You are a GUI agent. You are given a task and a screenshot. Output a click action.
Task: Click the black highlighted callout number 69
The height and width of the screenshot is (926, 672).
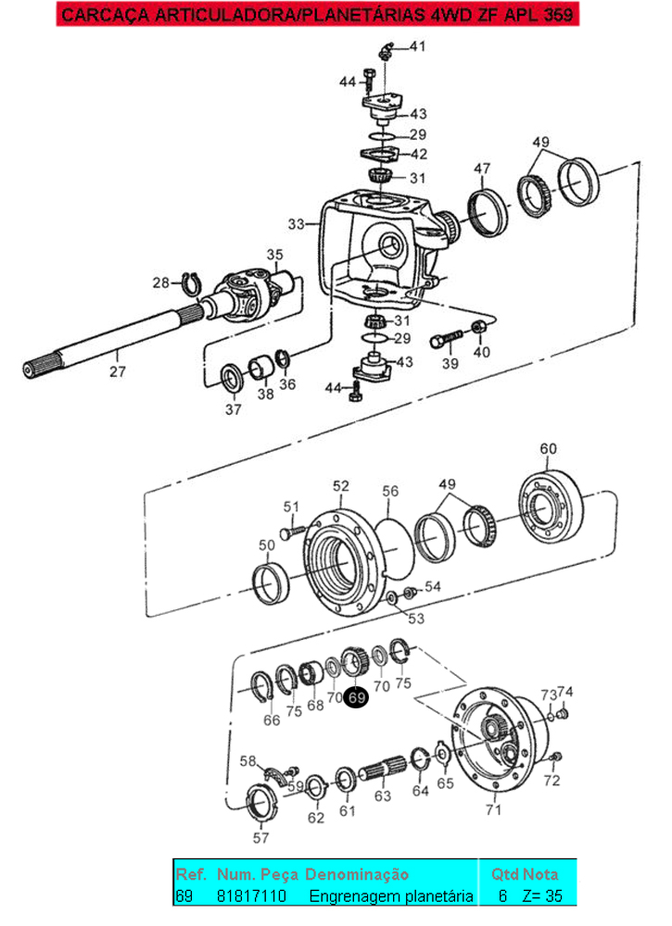pyautogui.click(x=356, y=697)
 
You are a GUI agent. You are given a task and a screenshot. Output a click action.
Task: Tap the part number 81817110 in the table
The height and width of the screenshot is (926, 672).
pyautogui.click(x=251, y=895)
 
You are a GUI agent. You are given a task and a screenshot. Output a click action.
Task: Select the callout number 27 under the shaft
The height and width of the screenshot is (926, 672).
pyautogui.click(x=118, y=371)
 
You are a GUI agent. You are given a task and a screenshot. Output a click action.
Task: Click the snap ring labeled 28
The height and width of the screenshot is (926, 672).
pyautogui.click(x=190, y=284)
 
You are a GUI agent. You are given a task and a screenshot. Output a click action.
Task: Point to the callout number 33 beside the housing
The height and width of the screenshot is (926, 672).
pyautogui.click(x=297, y=224)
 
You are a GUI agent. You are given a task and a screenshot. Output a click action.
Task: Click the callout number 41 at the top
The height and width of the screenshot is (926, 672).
pyautogui.click(x=418, y=46)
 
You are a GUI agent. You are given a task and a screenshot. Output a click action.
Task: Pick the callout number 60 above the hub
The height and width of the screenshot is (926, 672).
pyautogui.click(x=548, y=449)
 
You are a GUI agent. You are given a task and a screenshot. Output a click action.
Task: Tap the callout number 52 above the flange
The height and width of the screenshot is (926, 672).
pyautogui.click(x=341, y=486)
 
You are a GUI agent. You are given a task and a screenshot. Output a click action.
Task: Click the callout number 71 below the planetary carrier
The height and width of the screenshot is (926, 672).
pyautogui.click(x=493, y=809)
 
